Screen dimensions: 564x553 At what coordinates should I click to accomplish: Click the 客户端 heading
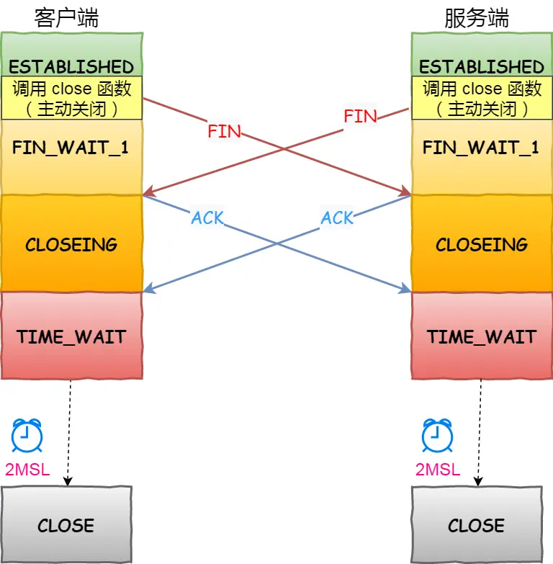[x=66, y=18]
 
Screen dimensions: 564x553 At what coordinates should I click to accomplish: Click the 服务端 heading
[x=477, y=18]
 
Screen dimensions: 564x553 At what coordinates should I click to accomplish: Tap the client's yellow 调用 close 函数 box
[x=71, y=98]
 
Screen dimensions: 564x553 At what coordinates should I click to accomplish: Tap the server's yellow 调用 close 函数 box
[x=482, y=98]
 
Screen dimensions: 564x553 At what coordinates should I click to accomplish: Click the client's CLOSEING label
[x=71, y=244]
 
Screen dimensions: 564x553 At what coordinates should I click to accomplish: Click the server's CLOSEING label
[x=482, y=244]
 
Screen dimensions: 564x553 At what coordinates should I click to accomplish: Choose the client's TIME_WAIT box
[x=71, y=336]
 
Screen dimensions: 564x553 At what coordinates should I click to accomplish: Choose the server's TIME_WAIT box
[x=482, y=336]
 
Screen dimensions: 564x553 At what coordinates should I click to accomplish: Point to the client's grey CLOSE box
[x=66, y=524]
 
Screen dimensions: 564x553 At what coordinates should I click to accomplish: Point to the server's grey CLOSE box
[x=477, y=524]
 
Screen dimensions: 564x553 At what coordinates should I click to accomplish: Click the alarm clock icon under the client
[x=27, y=435]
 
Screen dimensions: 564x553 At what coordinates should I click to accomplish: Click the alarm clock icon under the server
[x=437, y=435]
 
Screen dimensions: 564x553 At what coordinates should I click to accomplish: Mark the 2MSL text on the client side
[x=27, y=470]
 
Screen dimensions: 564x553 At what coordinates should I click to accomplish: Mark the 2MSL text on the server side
[x=438, y=470]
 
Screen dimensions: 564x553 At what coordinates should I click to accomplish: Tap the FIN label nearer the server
[x=360, y=116]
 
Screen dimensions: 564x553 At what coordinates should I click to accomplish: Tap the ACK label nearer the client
[x=207, y=218]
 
